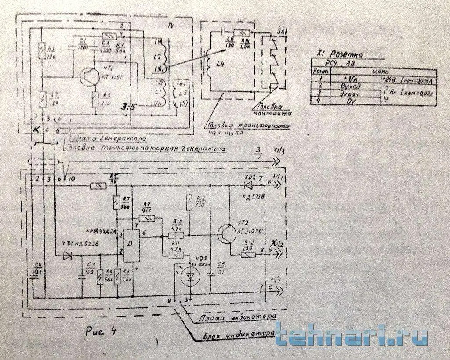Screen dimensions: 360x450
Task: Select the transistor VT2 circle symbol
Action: click(x=228, y=233)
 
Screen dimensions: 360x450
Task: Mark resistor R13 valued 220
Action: click(x=249, y=254)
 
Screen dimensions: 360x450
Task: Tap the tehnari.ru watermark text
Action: click(x=352, y=336)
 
